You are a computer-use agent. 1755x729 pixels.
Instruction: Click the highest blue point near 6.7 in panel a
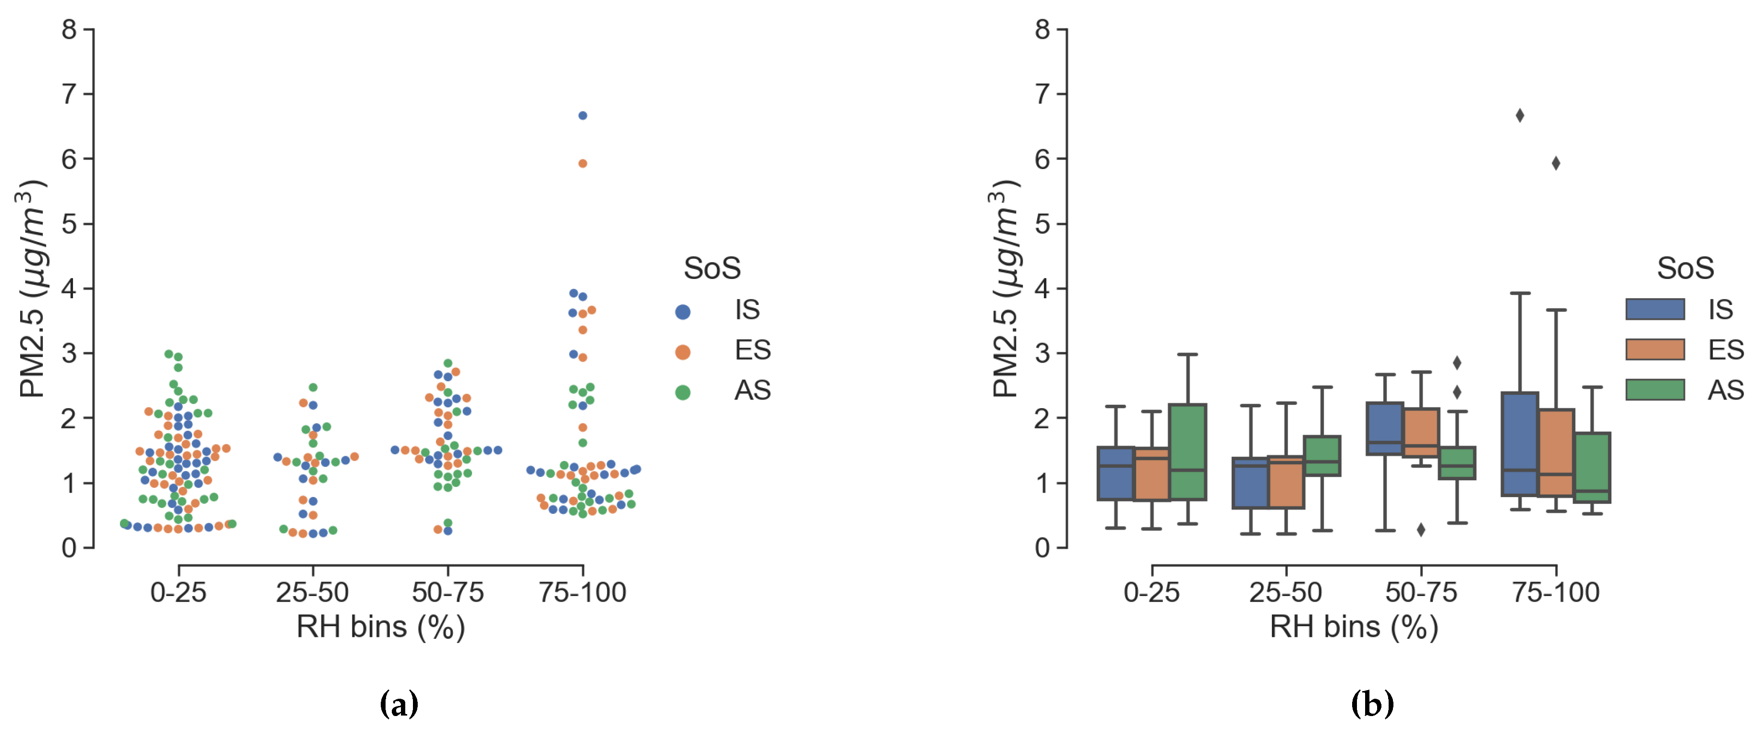pos(582,116)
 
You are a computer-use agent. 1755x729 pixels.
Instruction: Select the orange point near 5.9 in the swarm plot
pos(582,163)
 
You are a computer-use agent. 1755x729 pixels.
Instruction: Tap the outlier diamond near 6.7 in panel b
pos(1520,116)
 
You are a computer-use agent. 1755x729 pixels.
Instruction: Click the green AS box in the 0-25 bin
pos(1187,452)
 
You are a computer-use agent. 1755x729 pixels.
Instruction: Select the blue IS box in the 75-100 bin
pos(1520,444)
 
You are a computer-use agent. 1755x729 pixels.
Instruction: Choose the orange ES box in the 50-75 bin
pos(1421,432)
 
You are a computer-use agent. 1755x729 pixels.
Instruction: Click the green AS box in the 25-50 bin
pos(1322,455)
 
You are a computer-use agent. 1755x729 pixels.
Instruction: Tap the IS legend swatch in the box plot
pos(1655,309)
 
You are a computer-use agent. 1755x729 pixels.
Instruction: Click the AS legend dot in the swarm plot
pos(683,392)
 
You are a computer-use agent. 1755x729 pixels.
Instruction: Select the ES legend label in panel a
pos(752,350)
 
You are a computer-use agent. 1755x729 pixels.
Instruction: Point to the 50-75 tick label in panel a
pos(448,593)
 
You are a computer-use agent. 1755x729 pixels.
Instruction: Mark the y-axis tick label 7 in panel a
pos(69,94)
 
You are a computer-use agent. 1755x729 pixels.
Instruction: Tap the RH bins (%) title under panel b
pos(1354,627)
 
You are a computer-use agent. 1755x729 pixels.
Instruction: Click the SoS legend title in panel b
pos(1685,268)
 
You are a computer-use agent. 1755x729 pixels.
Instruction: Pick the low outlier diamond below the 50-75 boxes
pos(1421,529)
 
